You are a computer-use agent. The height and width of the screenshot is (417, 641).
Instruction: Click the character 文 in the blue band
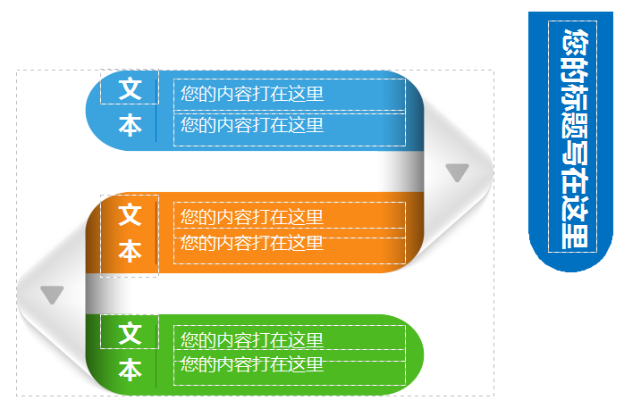[131, 89]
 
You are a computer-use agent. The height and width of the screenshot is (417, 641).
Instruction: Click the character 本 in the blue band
[131, 126]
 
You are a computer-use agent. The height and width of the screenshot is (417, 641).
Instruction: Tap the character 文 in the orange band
[131, 214]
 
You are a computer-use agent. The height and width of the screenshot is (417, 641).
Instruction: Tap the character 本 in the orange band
[131, 252]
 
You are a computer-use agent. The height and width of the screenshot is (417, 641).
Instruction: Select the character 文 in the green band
[131, 334]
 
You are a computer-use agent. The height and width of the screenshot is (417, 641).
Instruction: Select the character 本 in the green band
[131, 370]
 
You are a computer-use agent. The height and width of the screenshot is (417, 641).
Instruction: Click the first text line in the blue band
[251, 94]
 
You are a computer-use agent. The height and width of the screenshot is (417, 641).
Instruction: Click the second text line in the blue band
[251, 124]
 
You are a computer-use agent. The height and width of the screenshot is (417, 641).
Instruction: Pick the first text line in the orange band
[251, 217]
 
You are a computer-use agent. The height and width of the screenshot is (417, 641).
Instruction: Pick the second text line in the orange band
[251, 243]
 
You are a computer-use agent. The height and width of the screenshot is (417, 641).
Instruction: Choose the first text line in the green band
[251, 340]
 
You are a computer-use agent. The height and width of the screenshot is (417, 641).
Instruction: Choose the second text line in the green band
[251, 364]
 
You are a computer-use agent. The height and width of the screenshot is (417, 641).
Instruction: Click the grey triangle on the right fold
[457, 172]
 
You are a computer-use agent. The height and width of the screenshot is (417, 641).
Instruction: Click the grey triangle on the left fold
[52, 294]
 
